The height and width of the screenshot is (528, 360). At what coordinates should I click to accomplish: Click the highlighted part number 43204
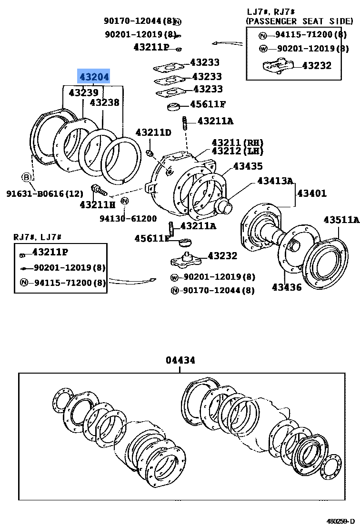point(94,76)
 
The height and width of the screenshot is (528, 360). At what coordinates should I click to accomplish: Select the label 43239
point(83,92)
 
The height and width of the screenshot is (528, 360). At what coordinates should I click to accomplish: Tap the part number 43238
point(105,102)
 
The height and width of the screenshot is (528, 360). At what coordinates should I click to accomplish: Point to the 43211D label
point(153,132)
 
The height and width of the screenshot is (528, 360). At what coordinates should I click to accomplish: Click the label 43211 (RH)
point(237,142)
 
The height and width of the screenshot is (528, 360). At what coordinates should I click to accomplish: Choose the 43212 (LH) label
point(237,151)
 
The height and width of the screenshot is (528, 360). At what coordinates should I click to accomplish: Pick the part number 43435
point(248,166)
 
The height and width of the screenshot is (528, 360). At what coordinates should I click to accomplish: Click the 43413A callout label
point(275,181)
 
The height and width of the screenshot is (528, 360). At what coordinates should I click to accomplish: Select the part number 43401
point(312,193)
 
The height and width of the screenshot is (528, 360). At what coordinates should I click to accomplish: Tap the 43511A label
point(341,219)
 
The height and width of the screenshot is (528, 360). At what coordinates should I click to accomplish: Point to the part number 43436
point(287,287)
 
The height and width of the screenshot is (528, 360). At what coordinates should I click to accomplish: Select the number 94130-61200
point(128,218)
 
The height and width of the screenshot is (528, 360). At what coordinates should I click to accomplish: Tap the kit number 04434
point(180,360)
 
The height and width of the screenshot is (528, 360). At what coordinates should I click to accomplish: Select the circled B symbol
point(27,177)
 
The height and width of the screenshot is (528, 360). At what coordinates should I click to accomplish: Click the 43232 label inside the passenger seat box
point(317,65)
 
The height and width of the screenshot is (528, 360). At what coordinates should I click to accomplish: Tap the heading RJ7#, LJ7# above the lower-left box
point(38,236)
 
